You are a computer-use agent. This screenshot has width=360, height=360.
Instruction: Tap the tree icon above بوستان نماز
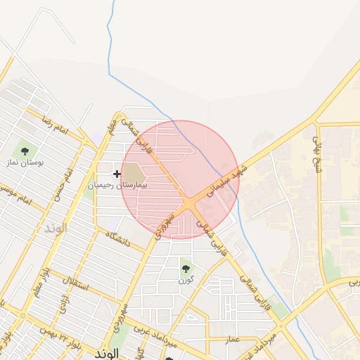(x=25, y=150)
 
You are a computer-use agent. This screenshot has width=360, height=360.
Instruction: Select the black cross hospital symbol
(x=117, y=174)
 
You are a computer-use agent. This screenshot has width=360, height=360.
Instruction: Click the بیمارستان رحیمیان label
(x=117, y=184)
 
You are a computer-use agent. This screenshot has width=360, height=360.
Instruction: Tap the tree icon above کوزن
(x=186, y=268)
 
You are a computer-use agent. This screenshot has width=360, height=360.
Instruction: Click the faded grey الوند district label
(x=54, y=229)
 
